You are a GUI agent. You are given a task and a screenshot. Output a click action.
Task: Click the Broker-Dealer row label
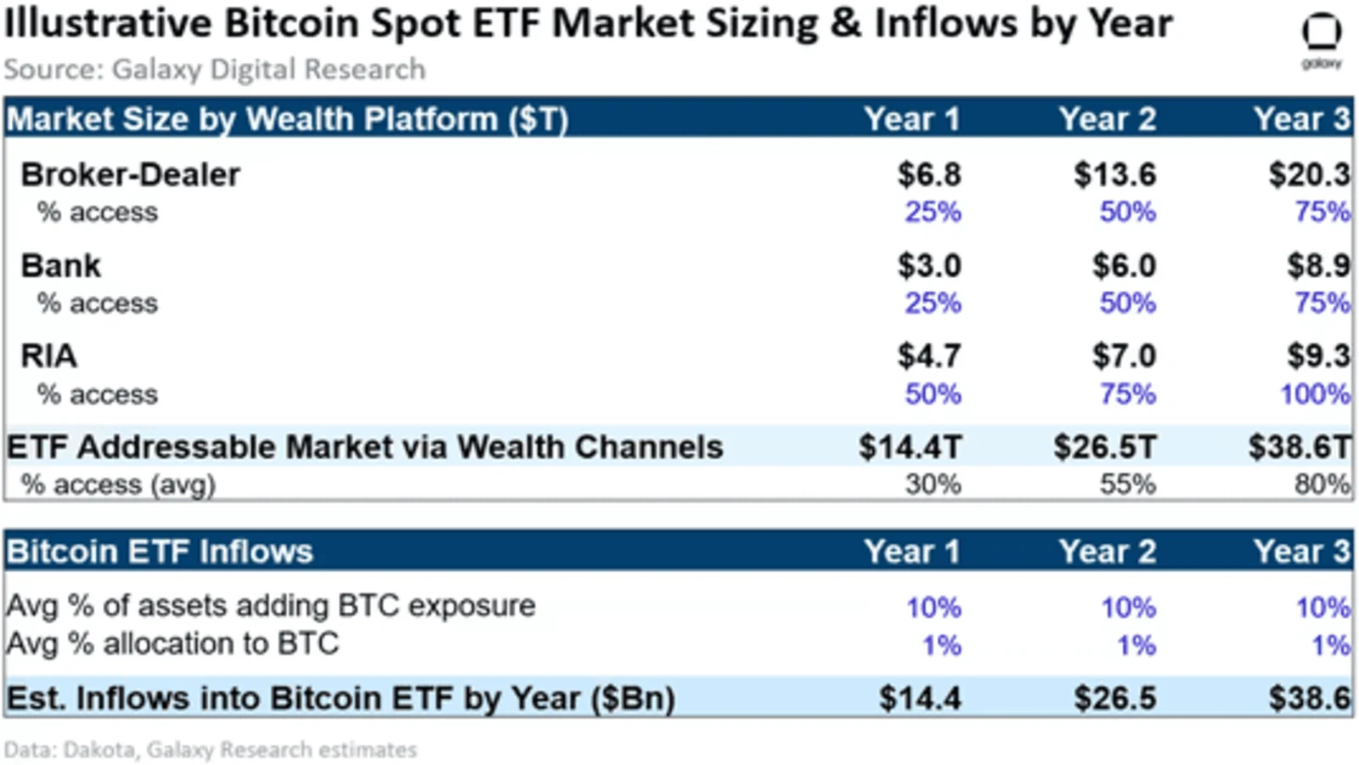[x=131, y=175]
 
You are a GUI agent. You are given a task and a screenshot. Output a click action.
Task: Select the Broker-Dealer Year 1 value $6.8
[x=929, y=175]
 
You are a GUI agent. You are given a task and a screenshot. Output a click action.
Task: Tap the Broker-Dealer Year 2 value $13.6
[x=1115, y=175]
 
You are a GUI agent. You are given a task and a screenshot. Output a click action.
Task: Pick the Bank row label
[x=60, y=266]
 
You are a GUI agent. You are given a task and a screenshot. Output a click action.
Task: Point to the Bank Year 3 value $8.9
[x=1319, y=266]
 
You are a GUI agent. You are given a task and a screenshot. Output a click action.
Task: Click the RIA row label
[x=48, y=356]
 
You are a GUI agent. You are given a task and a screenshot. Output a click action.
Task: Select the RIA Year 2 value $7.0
[x=1125, y=356]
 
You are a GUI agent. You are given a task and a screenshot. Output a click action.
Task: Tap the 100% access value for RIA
[x=1316, y=394]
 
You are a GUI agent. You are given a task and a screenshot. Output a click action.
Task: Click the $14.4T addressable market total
[x=910, y=447]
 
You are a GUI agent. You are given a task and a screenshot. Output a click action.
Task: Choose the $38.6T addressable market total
[x=1300, y=447]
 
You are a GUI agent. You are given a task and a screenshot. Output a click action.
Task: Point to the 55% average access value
[x=1128, y=485]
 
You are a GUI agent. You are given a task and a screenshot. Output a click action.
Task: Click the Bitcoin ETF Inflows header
[x=160, y=552]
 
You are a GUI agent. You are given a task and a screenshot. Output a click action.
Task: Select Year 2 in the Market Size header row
[x=1108, y=119]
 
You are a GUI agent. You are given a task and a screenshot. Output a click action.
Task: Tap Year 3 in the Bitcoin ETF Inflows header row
[x=1303, y=552]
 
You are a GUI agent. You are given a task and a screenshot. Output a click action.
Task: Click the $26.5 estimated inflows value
[x=1115, y=698]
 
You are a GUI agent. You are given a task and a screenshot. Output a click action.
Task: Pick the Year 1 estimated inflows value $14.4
[x=921, y=698]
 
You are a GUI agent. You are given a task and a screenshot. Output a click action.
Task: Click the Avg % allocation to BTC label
[x=172, y=643]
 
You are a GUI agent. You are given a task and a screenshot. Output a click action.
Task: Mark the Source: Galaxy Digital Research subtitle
[x=215, y=69]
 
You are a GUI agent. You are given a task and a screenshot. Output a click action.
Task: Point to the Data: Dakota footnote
[x=211, y=750]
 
